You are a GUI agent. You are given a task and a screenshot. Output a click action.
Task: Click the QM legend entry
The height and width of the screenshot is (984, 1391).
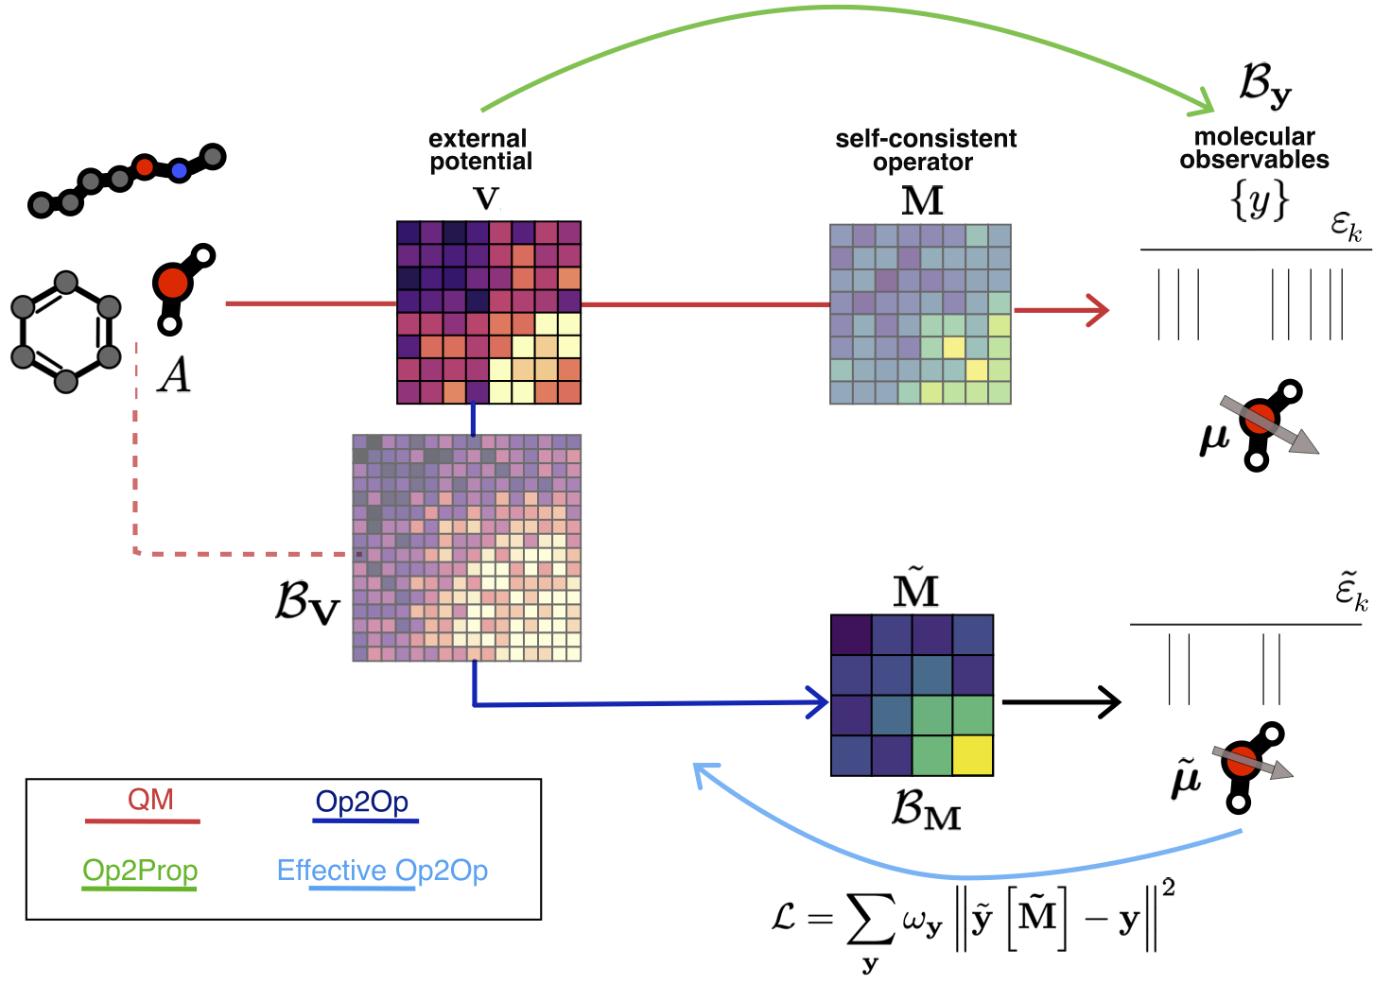150,801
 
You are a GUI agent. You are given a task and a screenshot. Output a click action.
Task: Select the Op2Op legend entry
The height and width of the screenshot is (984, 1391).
362,803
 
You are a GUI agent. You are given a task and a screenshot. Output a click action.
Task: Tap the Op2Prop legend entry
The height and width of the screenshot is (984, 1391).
140,871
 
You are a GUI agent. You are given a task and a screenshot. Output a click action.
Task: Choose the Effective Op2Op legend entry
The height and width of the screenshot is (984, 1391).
382,871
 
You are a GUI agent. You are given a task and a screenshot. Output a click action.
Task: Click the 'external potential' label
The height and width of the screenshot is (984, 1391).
479,150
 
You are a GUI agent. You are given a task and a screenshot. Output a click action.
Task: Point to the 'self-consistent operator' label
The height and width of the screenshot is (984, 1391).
925,150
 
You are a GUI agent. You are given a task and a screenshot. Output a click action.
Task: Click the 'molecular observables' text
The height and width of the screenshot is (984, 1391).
1254,148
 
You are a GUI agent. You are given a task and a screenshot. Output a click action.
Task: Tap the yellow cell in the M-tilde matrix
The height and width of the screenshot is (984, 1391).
973,755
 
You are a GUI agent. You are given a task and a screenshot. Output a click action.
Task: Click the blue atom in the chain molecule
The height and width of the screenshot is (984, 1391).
179,171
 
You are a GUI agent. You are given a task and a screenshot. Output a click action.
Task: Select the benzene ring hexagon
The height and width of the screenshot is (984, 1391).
65,332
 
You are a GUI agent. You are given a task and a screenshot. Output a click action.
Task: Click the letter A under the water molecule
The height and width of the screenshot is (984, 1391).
175,375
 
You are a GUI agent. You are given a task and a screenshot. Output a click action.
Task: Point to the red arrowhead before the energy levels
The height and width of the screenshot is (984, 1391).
1100,310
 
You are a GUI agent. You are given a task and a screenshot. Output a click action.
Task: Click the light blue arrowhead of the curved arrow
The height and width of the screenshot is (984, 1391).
704,774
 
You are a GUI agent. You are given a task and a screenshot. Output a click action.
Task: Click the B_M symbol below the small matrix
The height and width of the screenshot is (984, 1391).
926,810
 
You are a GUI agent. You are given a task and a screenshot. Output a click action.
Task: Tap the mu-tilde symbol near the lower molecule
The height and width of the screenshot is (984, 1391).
1186,780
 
